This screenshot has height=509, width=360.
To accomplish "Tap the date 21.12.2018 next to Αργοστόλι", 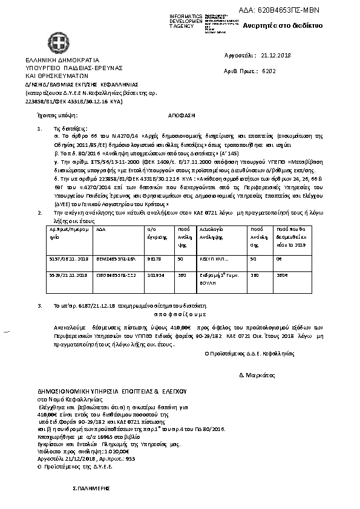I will (x=276, y=55).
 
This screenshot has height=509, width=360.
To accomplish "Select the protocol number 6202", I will (x=269, y=71).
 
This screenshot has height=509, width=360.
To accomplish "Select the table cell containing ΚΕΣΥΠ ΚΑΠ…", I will (x=214, y=275).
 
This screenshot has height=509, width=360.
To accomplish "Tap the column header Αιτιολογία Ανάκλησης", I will (x=211, y=251).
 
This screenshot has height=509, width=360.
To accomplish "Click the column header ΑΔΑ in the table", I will (x=101, y=247).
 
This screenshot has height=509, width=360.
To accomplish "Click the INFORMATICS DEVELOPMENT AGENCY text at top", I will (x=185, y=21).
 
